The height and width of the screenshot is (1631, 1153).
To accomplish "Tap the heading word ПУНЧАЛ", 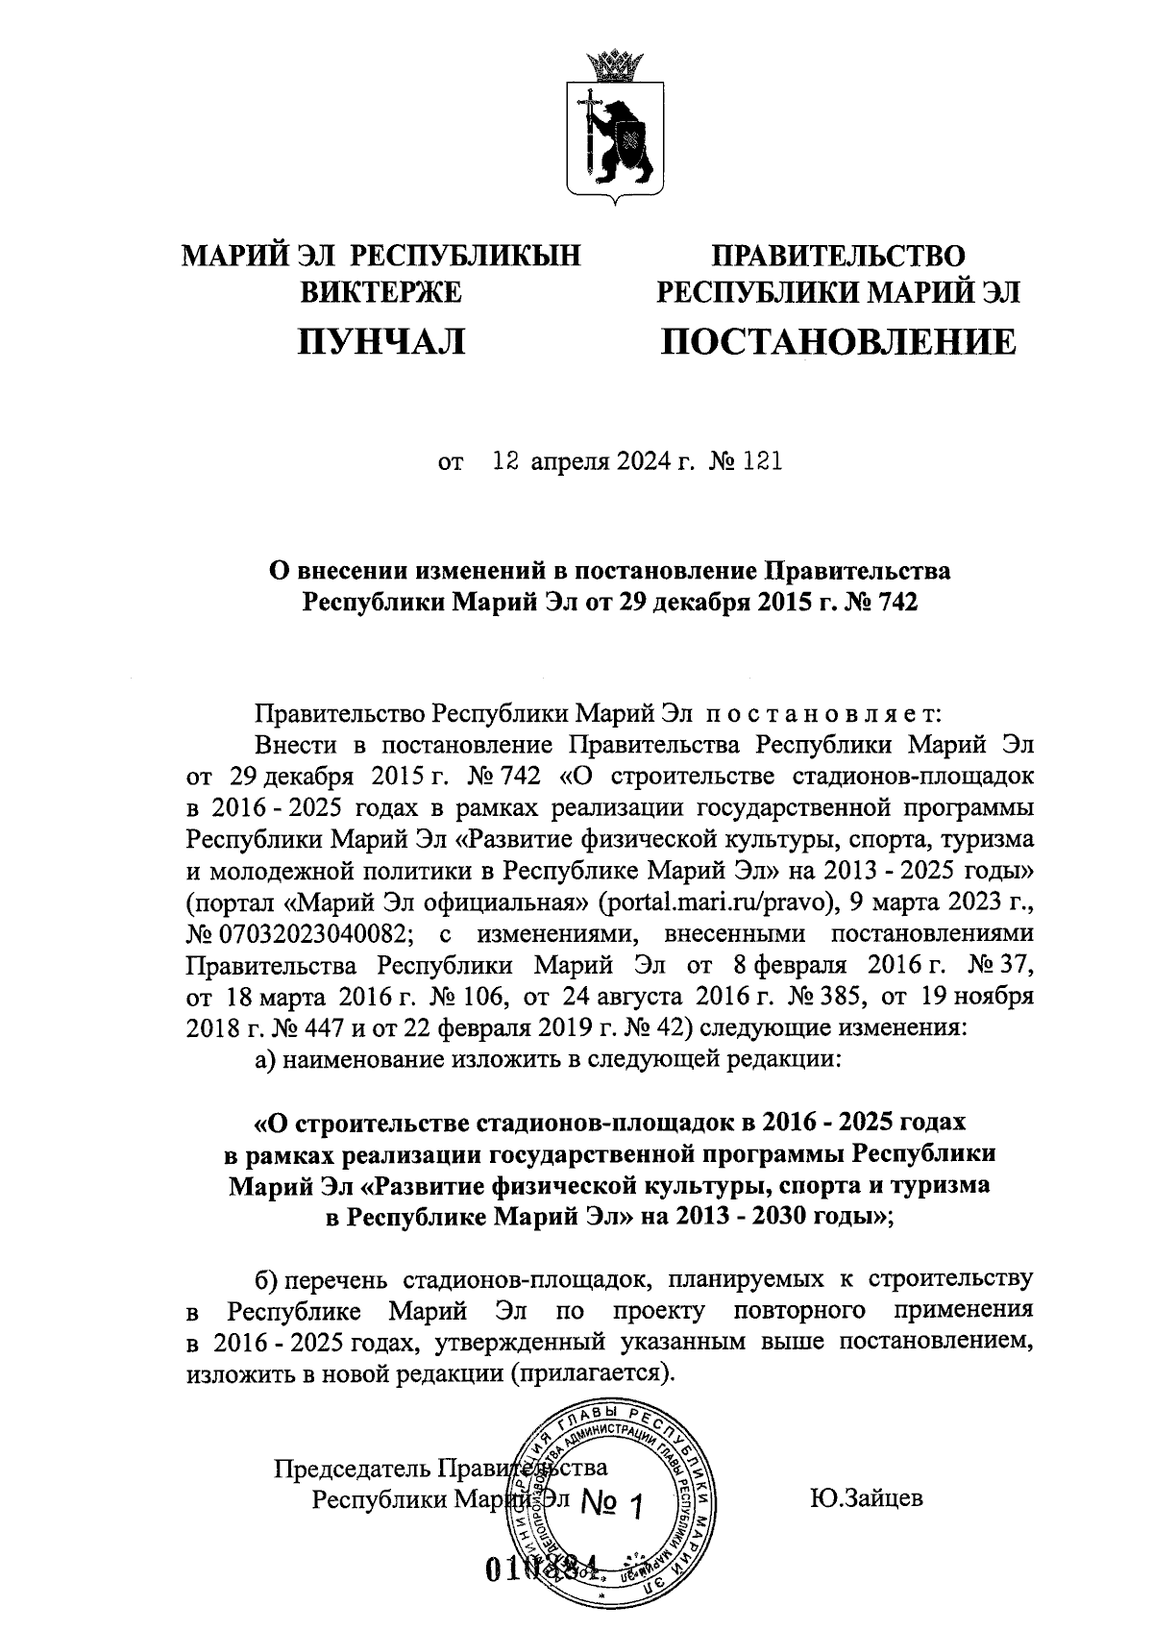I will (381, 341).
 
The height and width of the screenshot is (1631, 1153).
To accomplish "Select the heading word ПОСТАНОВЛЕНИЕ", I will (837, 341).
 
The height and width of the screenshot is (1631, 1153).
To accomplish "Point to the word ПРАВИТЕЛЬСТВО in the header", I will (837, 256).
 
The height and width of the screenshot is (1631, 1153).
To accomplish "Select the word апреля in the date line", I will (571, 462).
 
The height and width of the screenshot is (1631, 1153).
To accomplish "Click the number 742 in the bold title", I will (897, 604).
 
